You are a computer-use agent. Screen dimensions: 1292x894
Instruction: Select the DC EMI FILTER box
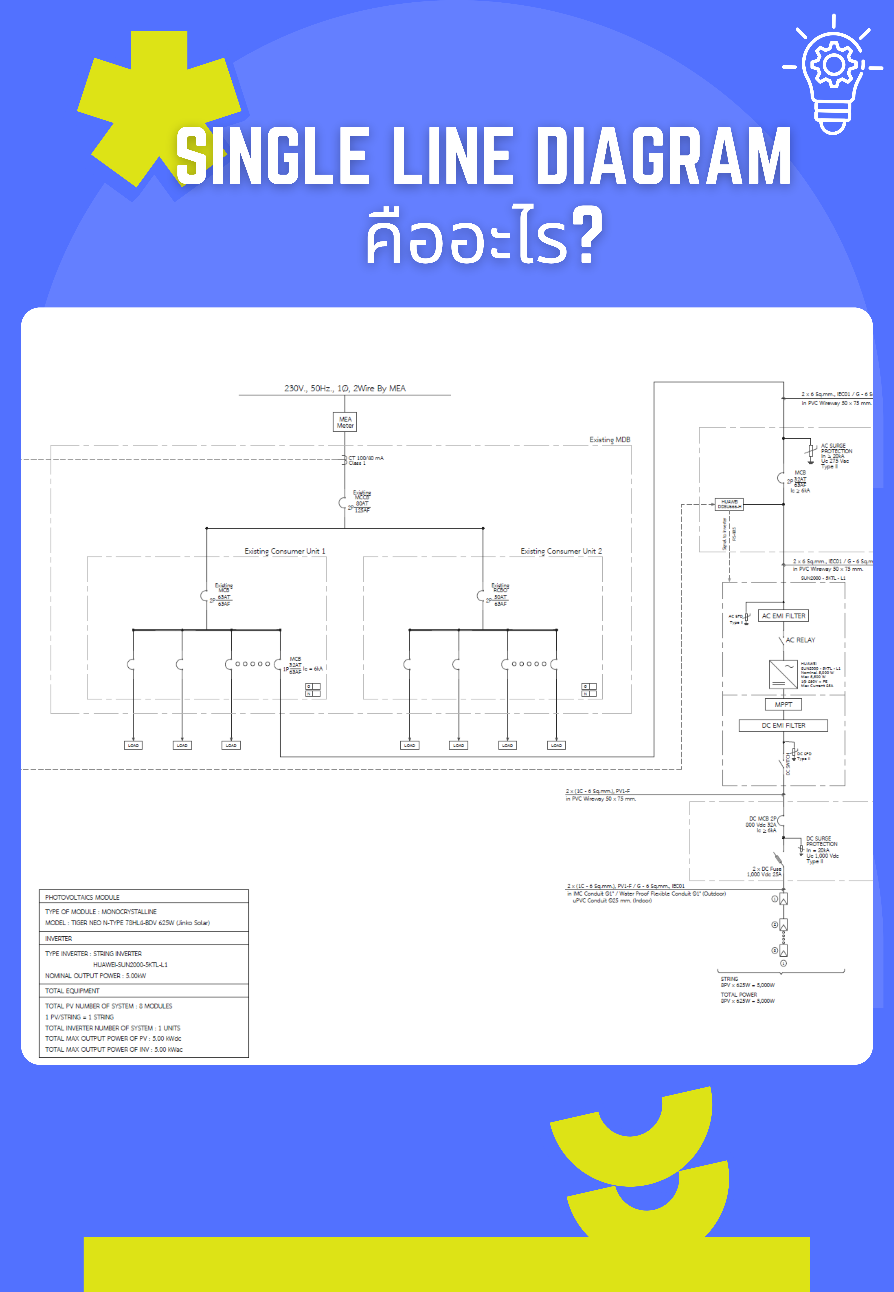coord(783,725)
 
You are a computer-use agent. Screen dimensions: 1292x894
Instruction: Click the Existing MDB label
coord(609,440)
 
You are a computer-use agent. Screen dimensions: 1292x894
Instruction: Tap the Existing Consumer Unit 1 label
coord(285,551)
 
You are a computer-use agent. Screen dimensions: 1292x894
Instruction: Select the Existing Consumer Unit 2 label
coord(561,551)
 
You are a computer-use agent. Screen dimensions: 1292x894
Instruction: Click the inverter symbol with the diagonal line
coord(783,674)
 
